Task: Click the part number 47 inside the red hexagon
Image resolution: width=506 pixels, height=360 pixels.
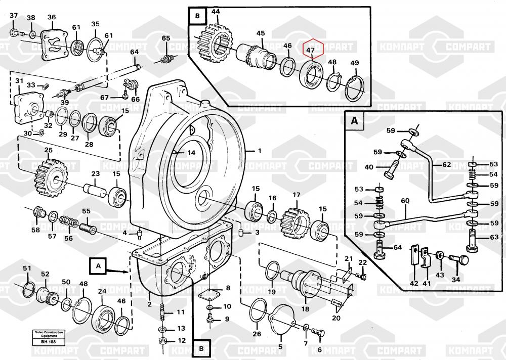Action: pyautogui.click(x=311, y=51)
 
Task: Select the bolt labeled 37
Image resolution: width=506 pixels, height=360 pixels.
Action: pyautogui.click(x=16, y=33)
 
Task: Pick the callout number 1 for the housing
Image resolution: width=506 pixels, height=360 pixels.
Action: pyautogui.click(x=260, y=151)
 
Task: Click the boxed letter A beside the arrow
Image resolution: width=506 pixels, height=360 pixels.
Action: pyautogui.click(x=99, y=264)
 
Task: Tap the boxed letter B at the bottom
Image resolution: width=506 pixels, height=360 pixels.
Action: pyautogui.click(x=201, y=348)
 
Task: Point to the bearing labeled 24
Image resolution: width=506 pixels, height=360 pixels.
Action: pyautogui.click(x=104, y=314)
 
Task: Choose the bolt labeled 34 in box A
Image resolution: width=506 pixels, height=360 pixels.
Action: pyautogui.click(x=458, y=259)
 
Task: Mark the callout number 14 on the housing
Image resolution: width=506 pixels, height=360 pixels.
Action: pyautogui.click(x=191, y=153)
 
